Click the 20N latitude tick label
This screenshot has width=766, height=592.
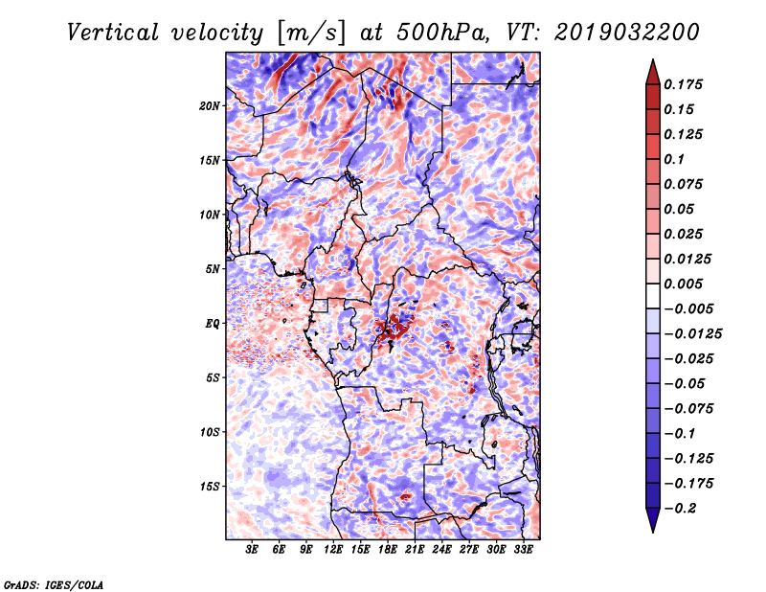210,106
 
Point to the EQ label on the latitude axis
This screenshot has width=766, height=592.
213,324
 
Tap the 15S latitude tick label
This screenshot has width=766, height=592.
210,487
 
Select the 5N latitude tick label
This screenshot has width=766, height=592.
213,269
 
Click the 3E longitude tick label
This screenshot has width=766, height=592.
252,549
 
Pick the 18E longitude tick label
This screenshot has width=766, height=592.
388,549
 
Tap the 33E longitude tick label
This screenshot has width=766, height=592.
523,549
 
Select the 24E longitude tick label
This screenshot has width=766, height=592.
441,549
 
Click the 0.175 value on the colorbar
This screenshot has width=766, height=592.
683,84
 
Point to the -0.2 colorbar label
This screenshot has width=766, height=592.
680,509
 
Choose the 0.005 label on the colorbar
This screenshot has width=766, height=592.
683,284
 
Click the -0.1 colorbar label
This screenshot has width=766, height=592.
680,434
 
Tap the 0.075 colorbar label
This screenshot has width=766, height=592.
683,184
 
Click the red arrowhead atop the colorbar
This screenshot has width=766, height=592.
653,72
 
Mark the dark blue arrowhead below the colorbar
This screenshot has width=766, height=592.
653,520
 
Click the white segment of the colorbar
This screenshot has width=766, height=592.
653,296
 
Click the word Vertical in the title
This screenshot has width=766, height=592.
113,33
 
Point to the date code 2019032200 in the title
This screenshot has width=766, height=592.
627,33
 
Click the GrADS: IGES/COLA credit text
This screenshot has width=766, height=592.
54,585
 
